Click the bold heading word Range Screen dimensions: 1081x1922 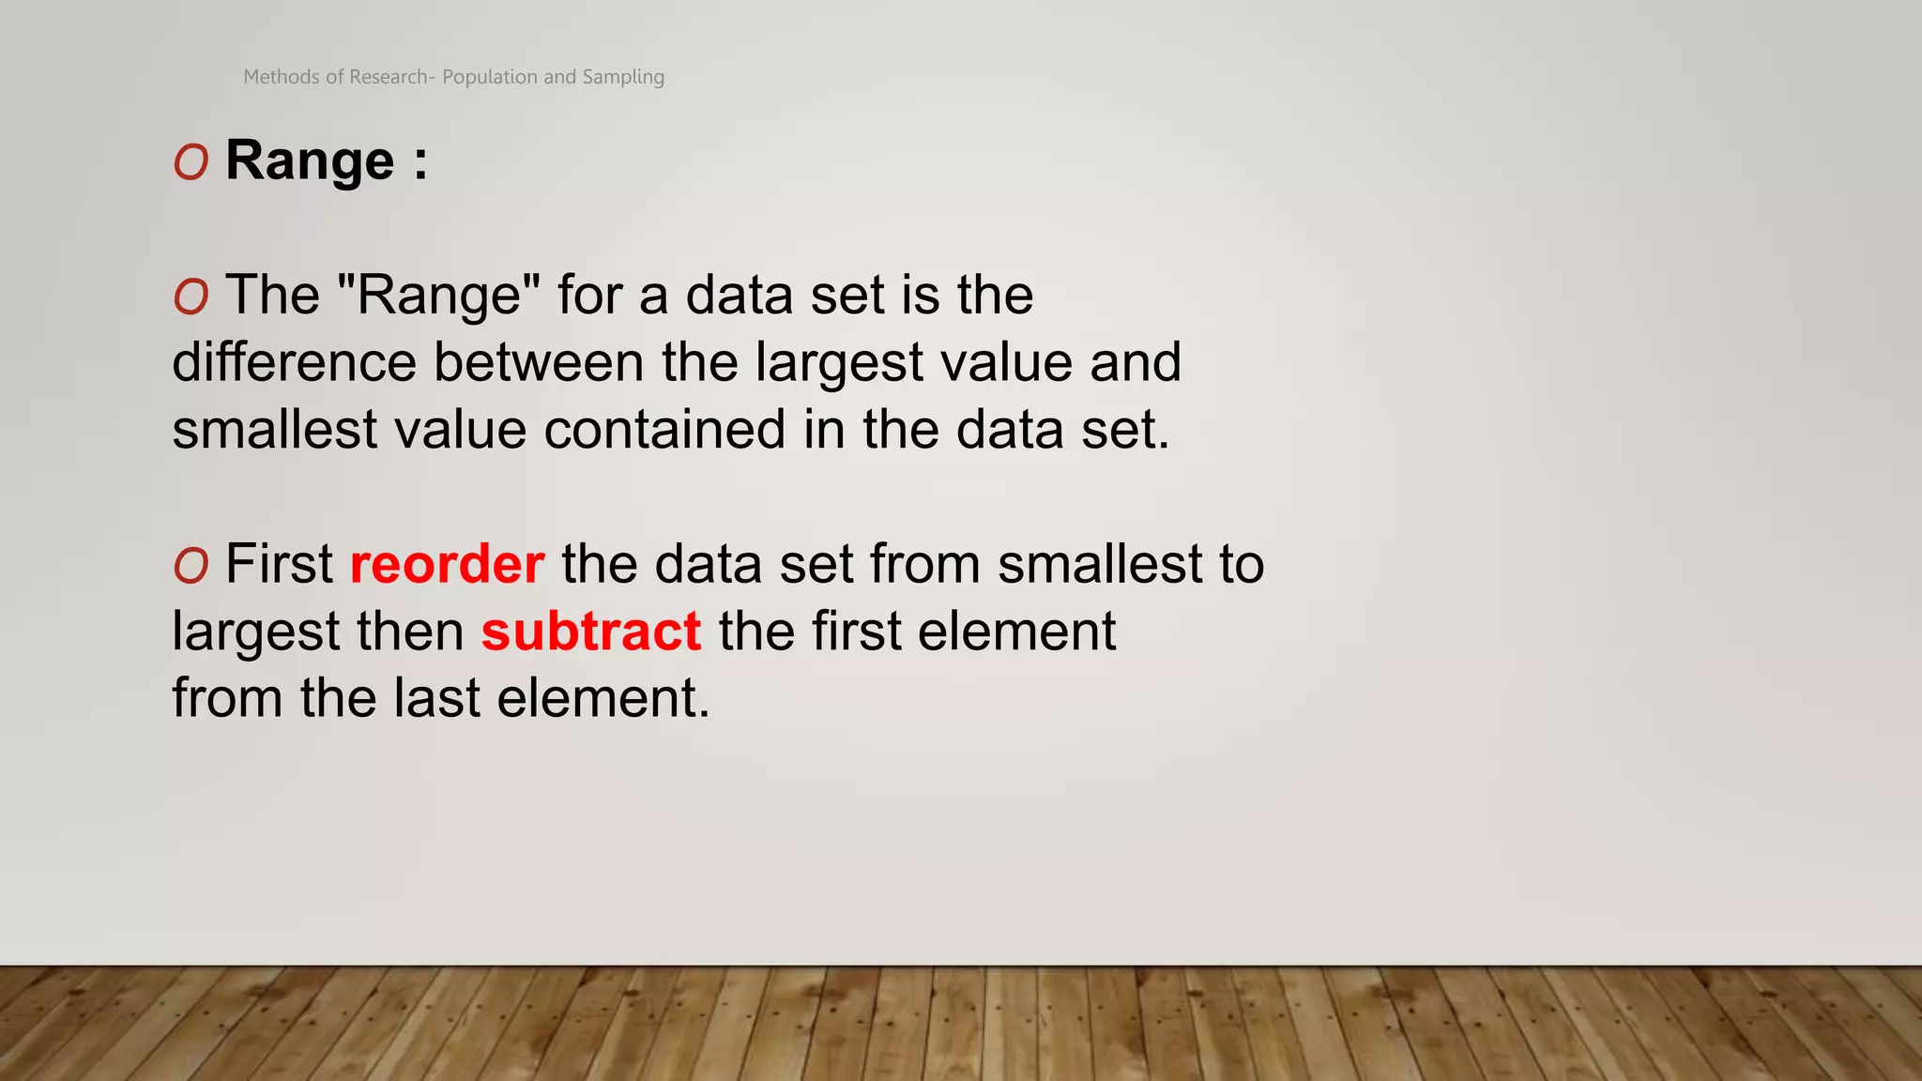click(310, 161)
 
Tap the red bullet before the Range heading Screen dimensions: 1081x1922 click(191, 163)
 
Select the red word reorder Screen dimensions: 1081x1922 click(447, 564)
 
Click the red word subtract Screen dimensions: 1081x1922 click(591, 632)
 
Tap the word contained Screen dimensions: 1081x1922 click(664, 430)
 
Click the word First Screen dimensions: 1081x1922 click(279, 564)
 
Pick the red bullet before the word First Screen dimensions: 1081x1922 click(191, 566)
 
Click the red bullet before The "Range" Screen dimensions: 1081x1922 click(191, 297)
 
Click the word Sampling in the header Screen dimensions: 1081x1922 click(623, 77)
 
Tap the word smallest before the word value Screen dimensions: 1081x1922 click(274, 430)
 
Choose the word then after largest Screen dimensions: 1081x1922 click(416, 632)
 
